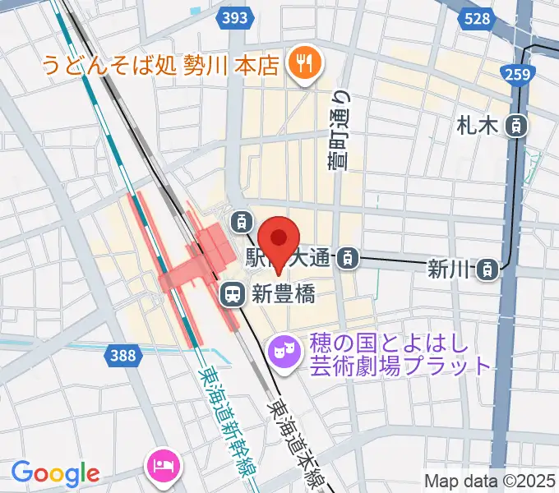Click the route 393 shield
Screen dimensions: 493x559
pyautogui.click(x=236, y=17)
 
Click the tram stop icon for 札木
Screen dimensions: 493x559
pyautogui.click(x=516, y=126)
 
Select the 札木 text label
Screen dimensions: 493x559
pyautogui.click(x=478, y=126)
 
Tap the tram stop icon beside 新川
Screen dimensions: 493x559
pyautogui.click(x=488, y=268)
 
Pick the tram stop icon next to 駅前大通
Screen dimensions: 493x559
pyautogui.click(x=349, y=259)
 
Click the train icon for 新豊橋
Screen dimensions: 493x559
pyautogui.click(x=233, y=293)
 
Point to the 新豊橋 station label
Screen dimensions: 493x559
pyautogui.click(x=282, y=293)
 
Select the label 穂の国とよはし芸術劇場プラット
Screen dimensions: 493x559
pyautogui.click(x=400, y=354)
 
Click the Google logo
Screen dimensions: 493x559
pyautogui.click(x=55, y=473)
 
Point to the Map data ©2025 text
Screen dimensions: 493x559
pyautogui.click(x=490, y=481)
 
